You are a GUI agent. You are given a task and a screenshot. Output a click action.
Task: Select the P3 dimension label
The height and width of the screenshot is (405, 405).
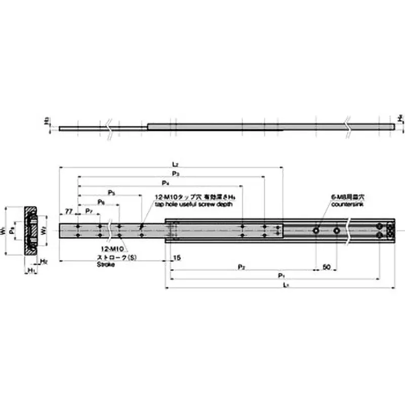(175, 174)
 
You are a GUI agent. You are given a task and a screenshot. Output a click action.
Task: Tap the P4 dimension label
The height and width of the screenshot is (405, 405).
(165, 182)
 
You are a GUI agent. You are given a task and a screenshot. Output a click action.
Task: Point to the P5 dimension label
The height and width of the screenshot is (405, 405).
(111, 193)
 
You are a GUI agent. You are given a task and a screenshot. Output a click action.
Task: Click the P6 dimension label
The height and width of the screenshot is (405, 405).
(101, 201)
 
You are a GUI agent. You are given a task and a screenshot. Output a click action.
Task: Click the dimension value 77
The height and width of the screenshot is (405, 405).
(68, 210)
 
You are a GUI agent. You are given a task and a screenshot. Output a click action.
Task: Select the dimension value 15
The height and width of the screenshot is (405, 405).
(176, 258)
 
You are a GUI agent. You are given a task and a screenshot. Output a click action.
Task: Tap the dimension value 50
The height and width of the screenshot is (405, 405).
(327, 266)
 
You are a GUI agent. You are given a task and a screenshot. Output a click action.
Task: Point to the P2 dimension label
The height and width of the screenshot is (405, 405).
(242, 266)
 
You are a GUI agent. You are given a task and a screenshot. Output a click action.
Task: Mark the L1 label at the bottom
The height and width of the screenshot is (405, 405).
(286, 285)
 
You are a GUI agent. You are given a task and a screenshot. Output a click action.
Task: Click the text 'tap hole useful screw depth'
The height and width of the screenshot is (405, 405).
(194, 205)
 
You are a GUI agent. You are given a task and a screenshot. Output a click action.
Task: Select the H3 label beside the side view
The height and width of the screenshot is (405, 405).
(46, 121)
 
